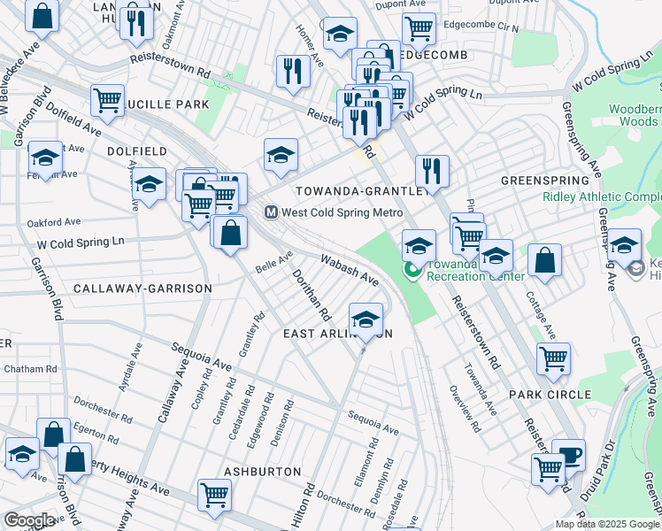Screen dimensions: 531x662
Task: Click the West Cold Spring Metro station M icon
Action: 273,213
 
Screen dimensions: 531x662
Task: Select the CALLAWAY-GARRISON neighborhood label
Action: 142,289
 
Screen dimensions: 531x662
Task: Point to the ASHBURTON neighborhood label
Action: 262,472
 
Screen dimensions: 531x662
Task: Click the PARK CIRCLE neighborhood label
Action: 550,395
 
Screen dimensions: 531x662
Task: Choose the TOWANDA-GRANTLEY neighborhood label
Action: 362,191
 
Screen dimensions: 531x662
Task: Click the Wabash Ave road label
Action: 350,270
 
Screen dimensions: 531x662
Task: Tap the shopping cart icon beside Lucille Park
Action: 107,99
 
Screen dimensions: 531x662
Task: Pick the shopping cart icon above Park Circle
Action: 553,358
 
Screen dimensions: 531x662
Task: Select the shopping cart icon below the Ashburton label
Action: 214,493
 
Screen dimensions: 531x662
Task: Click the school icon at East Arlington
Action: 366,319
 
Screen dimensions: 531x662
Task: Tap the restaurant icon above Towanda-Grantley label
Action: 432,170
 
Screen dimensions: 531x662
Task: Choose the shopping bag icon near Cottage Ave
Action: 544,260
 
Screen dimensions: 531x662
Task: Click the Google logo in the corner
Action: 29,520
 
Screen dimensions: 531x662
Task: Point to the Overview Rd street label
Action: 464,408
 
